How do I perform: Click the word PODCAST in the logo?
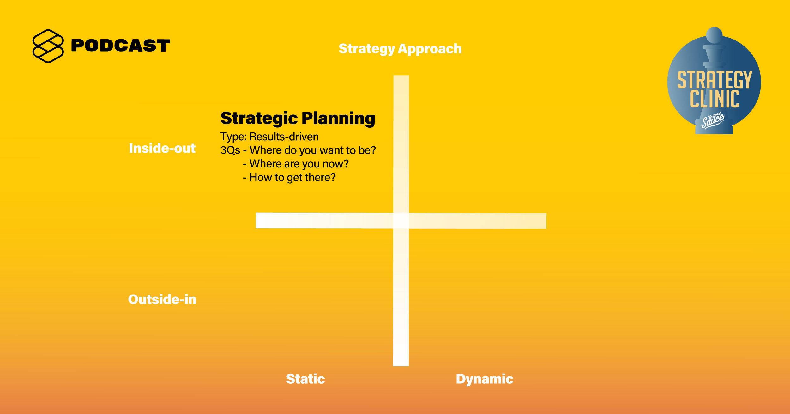(120, 46)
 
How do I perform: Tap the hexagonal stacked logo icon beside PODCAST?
(48, 46)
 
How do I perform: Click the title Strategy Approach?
(400, 49)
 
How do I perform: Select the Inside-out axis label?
(162, 148)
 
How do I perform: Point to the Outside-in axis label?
(162, 299)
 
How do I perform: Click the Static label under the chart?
(305, 379)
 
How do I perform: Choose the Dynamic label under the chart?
(485, 379)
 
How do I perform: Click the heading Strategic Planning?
(298, 119)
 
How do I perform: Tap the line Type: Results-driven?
(269, 137)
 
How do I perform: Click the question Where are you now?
(299, 164)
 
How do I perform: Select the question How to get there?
(292, 178)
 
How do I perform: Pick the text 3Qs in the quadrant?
(230, 150)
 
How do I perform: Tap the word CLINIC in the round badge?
(715, 99)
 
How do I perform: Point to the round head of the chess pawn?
(714, 35)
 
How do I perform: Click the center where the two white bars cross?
(401, 221)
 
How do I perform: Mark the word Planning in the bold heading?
(338, 119)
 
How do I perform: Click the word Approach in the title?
(430, 49)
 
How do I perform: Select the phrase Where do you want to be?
(313, 150)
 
